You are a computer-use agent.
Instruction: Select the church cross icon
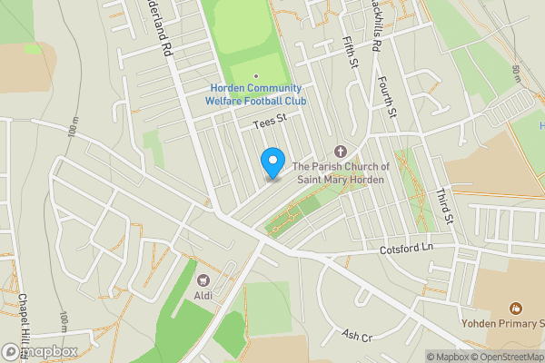342,151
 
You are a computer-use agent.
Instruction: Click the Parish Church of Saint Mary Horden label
342,172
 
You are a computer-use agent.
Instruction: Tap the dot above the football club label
256,76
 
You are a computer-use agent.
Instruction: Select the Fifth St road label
352,50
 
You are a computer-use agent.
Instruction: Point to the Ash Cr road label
357,335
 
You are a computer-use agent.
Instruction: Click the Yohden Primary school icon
516,309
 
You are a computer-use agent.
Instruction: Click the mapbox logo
40,351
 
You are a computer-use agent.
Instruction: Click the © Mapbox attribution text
449,356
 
